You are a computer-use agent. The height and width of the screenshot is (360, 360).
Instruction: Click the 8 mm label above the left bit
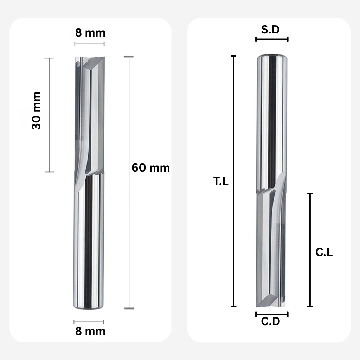(90, 33)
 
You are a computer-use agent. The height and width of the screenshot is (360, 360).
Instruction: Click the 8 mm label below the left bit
(90, 331)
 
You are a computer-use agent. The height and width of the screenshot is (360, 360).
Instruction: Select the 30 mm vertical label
(37, 111)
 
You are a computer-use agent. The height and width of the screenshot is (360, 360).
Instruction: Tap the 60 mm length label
(150, 168)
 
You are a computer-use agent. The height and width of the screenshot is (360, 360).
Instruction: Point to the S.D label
(270, 30)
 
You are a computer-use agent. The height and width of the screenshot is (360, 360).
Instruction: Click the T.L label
(221, 181)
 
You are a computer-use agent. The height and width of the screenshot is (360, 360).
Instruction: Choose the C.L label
(324, 252)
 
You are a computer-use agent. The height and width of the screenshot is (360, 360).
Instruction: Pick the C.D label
(270, 321)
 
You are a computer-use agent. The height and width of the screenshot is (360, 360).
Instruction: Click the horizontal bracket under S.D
(272, 39)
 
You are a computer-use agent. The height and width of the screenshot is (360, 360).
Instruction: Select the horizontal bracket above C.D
(272, 314)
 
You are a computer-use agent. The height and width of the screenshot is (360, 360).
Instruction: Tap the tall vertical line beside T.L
(233, 181)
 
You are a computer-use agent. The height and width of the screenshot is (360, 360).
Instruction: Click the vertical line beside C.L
(310, 250)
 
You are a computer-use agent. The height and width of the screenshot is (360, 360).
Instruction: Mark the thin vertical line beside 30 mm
(49, 115)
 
